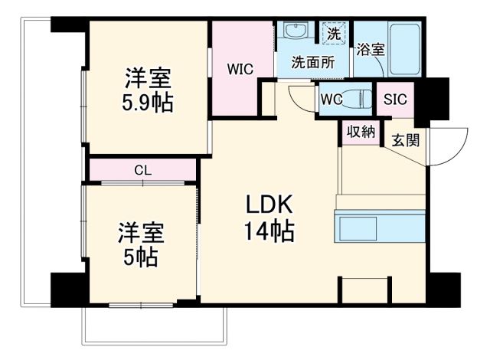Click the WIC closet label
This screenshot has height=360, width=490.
239,68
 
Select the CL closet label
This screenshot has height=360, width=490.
142,170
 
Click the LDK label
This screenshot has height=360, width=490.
269,205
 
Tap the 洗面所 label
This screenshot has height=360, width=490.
312,64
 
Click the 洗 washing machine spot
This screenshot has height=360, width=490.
333,34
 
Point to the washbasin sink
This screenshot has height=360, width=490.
293,33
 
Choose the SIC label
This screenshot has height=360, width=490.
395,99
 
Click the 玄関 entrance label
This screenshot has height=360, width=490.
405,140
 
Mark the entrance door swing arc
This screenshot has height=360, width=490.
449,149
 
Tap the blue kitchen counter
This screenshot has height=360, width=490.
380,228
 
